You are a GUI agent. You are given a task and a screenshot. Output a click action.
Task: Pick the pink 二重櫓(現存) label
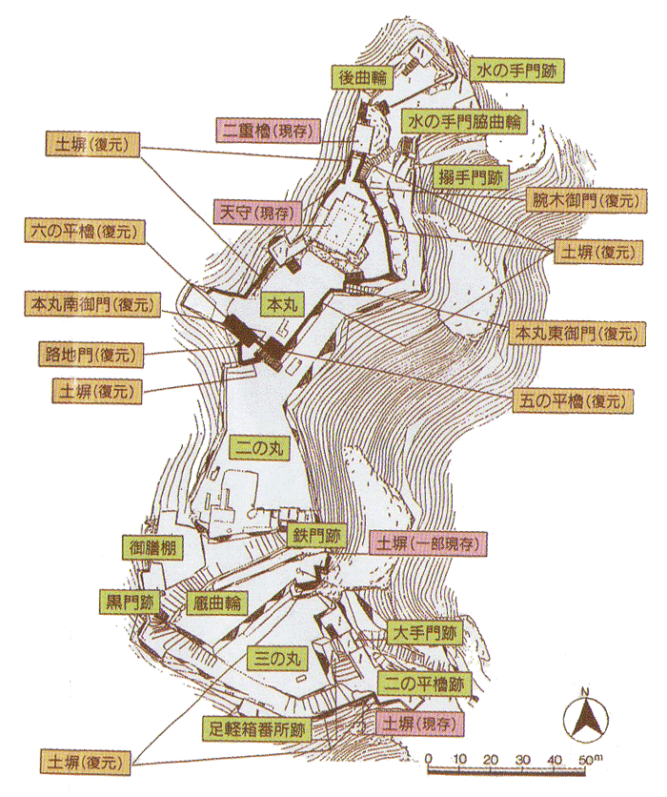pos(259,129)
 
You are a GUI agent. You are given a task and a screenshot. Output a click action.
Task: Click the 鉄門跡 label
pos(316,537)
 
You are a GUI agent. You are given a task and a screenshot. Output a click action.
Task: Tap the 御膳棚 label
pos(153,548)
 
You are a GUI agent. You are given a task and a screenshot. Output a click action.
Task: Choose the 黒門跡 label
pos(131,603)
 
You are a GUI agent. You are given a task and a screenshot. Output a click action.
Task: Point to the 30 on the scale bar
pos(522,759)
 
